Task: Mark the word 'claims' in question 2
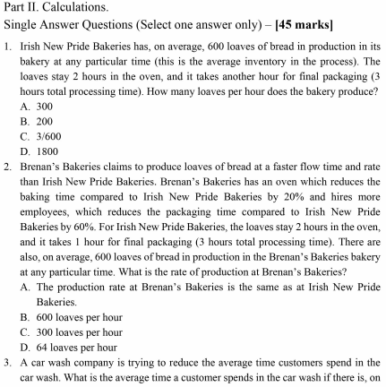116,167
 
